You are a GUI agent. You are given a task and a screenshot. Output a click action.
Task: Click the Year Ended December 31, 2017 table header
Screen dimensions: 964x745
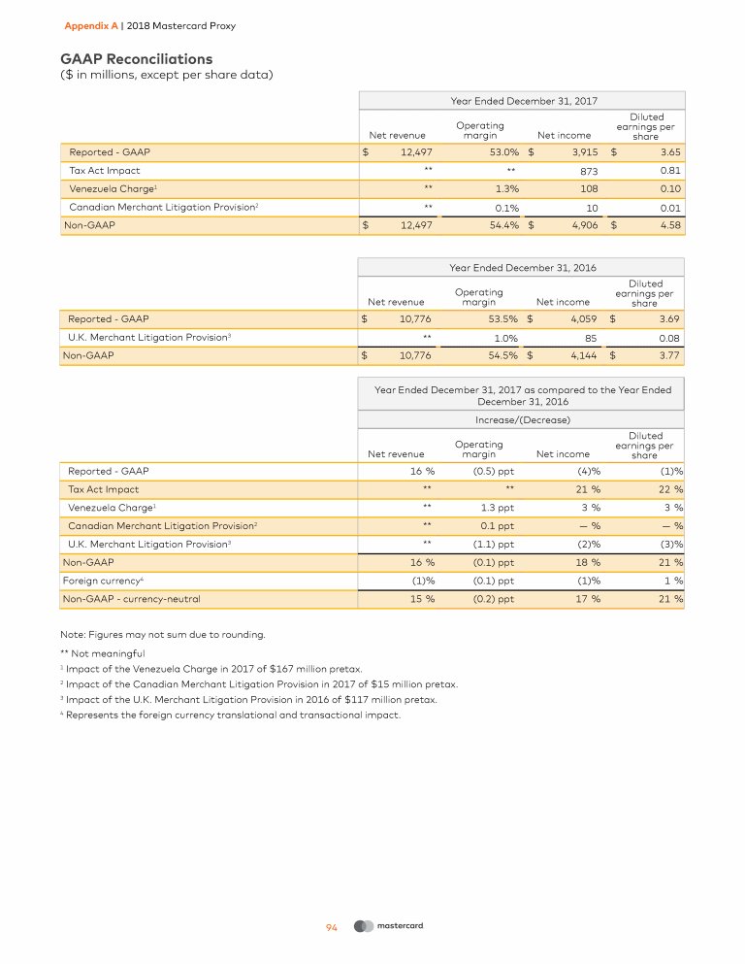524,100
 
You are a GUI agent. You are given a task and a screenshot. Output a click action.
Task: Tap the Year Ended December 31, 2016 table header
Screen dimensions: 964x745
524,266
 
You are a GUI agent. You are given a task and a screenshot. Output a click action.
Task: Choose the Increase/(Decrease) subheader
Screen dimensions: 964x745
524,420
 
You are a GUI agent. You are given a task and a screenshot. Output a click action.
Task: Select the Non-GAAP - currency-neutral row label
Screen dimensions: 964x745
130,599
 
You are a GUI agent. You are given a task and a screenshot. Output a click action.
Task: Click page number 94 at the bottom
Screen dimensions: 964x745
331,927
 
